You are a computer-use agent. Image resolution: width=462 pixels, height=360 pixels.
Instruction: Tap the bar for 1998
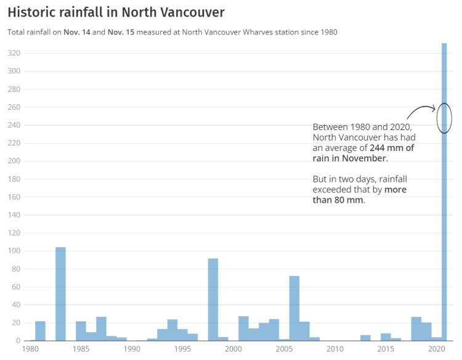click(213, 300)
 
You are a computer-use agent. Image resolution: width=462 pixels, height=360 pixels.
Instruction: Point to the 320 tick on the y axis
click(14, 53)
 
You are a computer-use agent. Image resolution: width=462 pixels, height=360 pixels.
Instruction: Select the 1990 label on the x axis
click(132, 349)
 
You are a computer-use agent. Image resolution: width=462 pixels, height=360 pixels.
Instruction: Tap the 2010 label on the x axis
click(334, 349)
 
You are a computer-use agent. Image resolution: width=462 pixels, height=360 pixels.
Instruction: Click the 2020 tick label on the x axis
click(436, 349)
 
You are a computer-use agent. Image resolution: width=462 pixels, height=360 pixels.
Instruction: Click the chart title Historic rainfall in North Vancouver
click(116, 12)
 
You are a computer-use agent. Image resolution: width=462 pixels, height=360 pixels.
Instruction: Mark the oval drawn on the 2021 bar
click(444, 118)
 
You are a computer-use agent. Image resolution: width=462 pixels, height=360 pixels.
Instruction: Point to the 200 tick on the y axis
click(14, 161)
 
